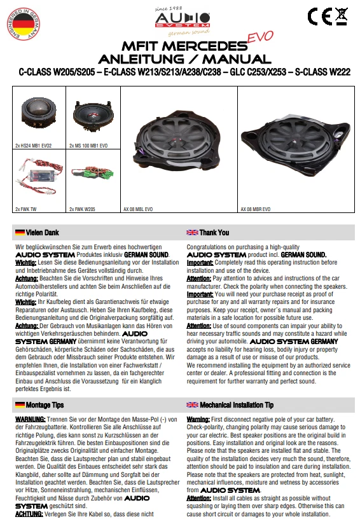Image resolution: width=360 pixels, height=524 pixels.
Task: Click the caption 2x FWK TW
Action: tap(26, 209)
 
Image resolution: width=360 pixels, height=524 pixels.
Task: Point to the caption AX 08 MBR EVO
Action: tap(255, 209)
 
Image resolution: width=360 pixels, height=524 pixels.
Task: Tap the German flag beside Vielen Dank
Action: tap(20, 233)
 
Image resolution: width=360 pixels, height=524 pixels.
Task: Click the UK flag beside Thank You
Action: tap(192, 233)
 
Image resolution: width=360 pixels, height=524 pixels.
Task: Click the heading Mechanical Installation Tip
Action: tap(237, 404)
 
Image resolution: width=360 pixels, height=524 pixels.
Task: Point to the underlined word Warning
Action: tap(200, 420)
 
